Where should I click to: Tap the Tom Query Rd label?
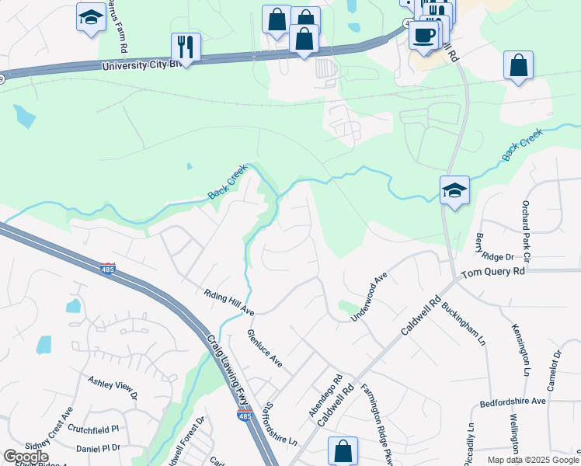493,273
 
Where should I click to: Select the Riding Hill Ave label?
229,303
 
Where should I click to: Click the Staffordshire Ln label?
281,423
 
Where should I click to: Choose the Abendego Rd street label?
326,397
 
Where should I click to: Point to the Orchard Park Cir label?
526,233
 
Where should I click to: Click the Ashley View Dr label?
112,388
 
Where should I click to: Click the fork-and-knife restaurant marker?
186,46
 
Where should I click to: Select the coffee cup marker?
423,35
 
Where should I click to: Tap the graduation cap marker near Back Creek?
454,190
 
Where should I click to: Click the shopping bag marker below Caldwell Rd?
343,450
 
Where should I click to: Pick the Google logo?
26,457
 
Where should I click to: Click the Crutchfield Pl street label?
92,428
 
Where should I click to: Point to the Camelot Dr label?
557,370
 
